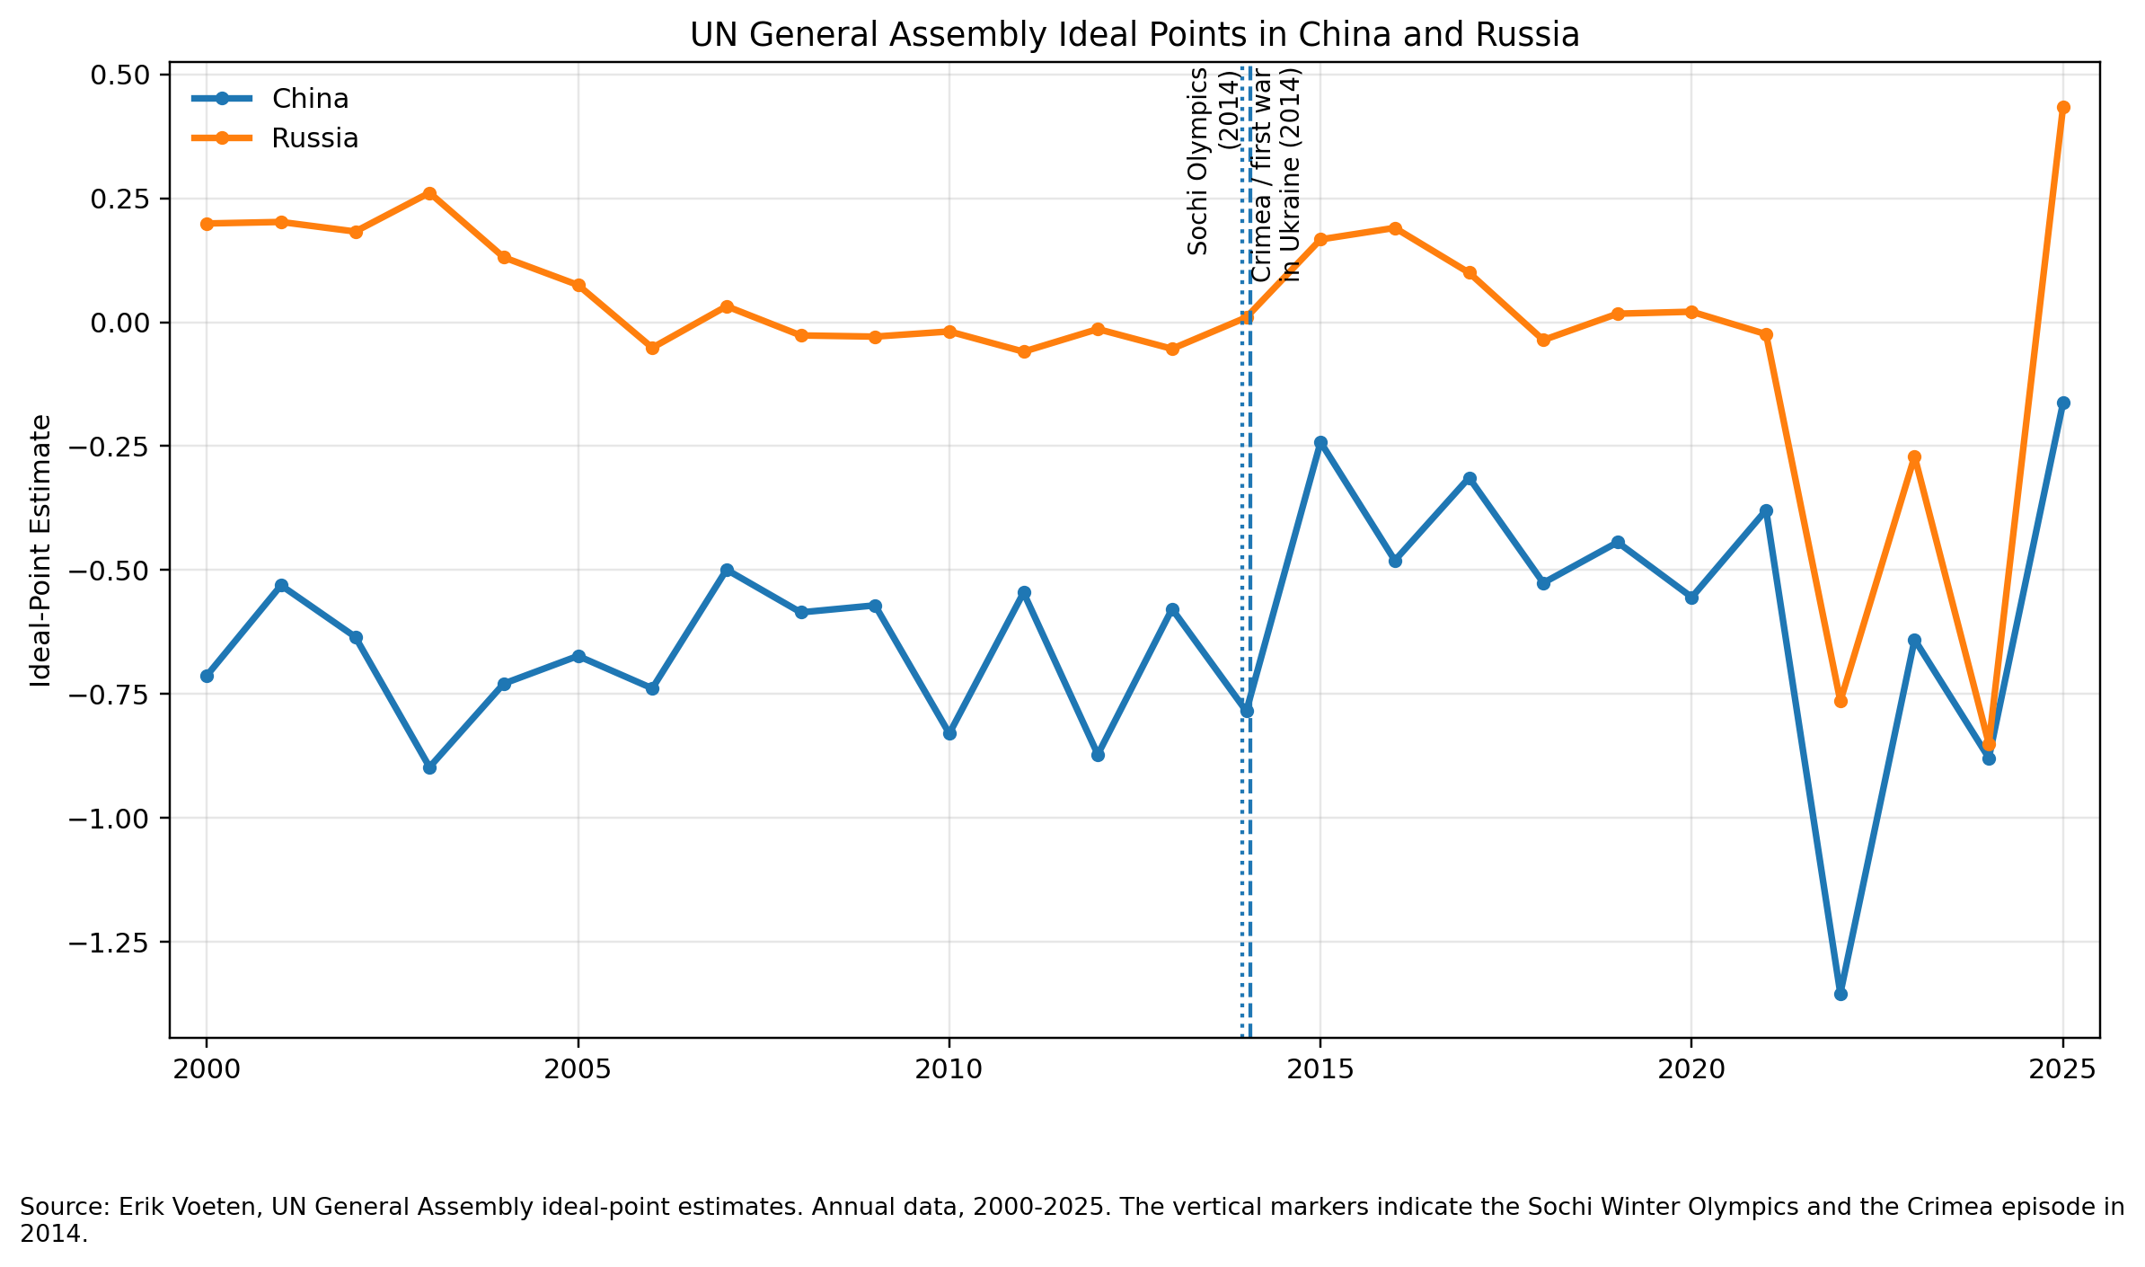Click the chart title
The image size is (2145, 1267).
(x=1134, y=35)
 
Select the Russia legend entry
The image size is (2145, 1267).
(x=314, y=138)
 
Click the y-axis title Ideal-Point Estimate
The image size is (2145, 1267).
(x=40, y=550)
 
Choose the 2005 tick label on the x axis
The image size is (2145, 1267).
(x=578, y=1069)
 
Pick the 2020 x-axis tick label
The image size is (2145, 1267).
(x=1690, y=1069)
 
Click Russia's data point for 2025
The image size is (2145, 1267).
(x=2063, y=108)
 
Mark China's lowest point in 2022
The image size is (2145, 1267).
(x=1840, y=994)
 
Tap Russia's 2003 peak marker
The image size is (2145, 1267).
(x=429, y=194)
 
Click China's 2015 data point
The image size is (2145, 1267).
(x=1320, y=443)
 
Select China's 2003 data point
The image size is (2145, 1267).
(x=429, y=767)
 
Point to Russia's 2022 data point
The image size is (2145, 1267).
(x=1840, y=701)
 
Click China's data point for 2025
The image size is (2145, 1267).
(x=2063, y=403)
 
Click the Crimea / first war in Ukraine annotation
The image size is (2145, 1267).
(x=1276, y=175)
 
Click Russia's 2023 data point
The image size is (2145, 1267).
(x=1914, y=457)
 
